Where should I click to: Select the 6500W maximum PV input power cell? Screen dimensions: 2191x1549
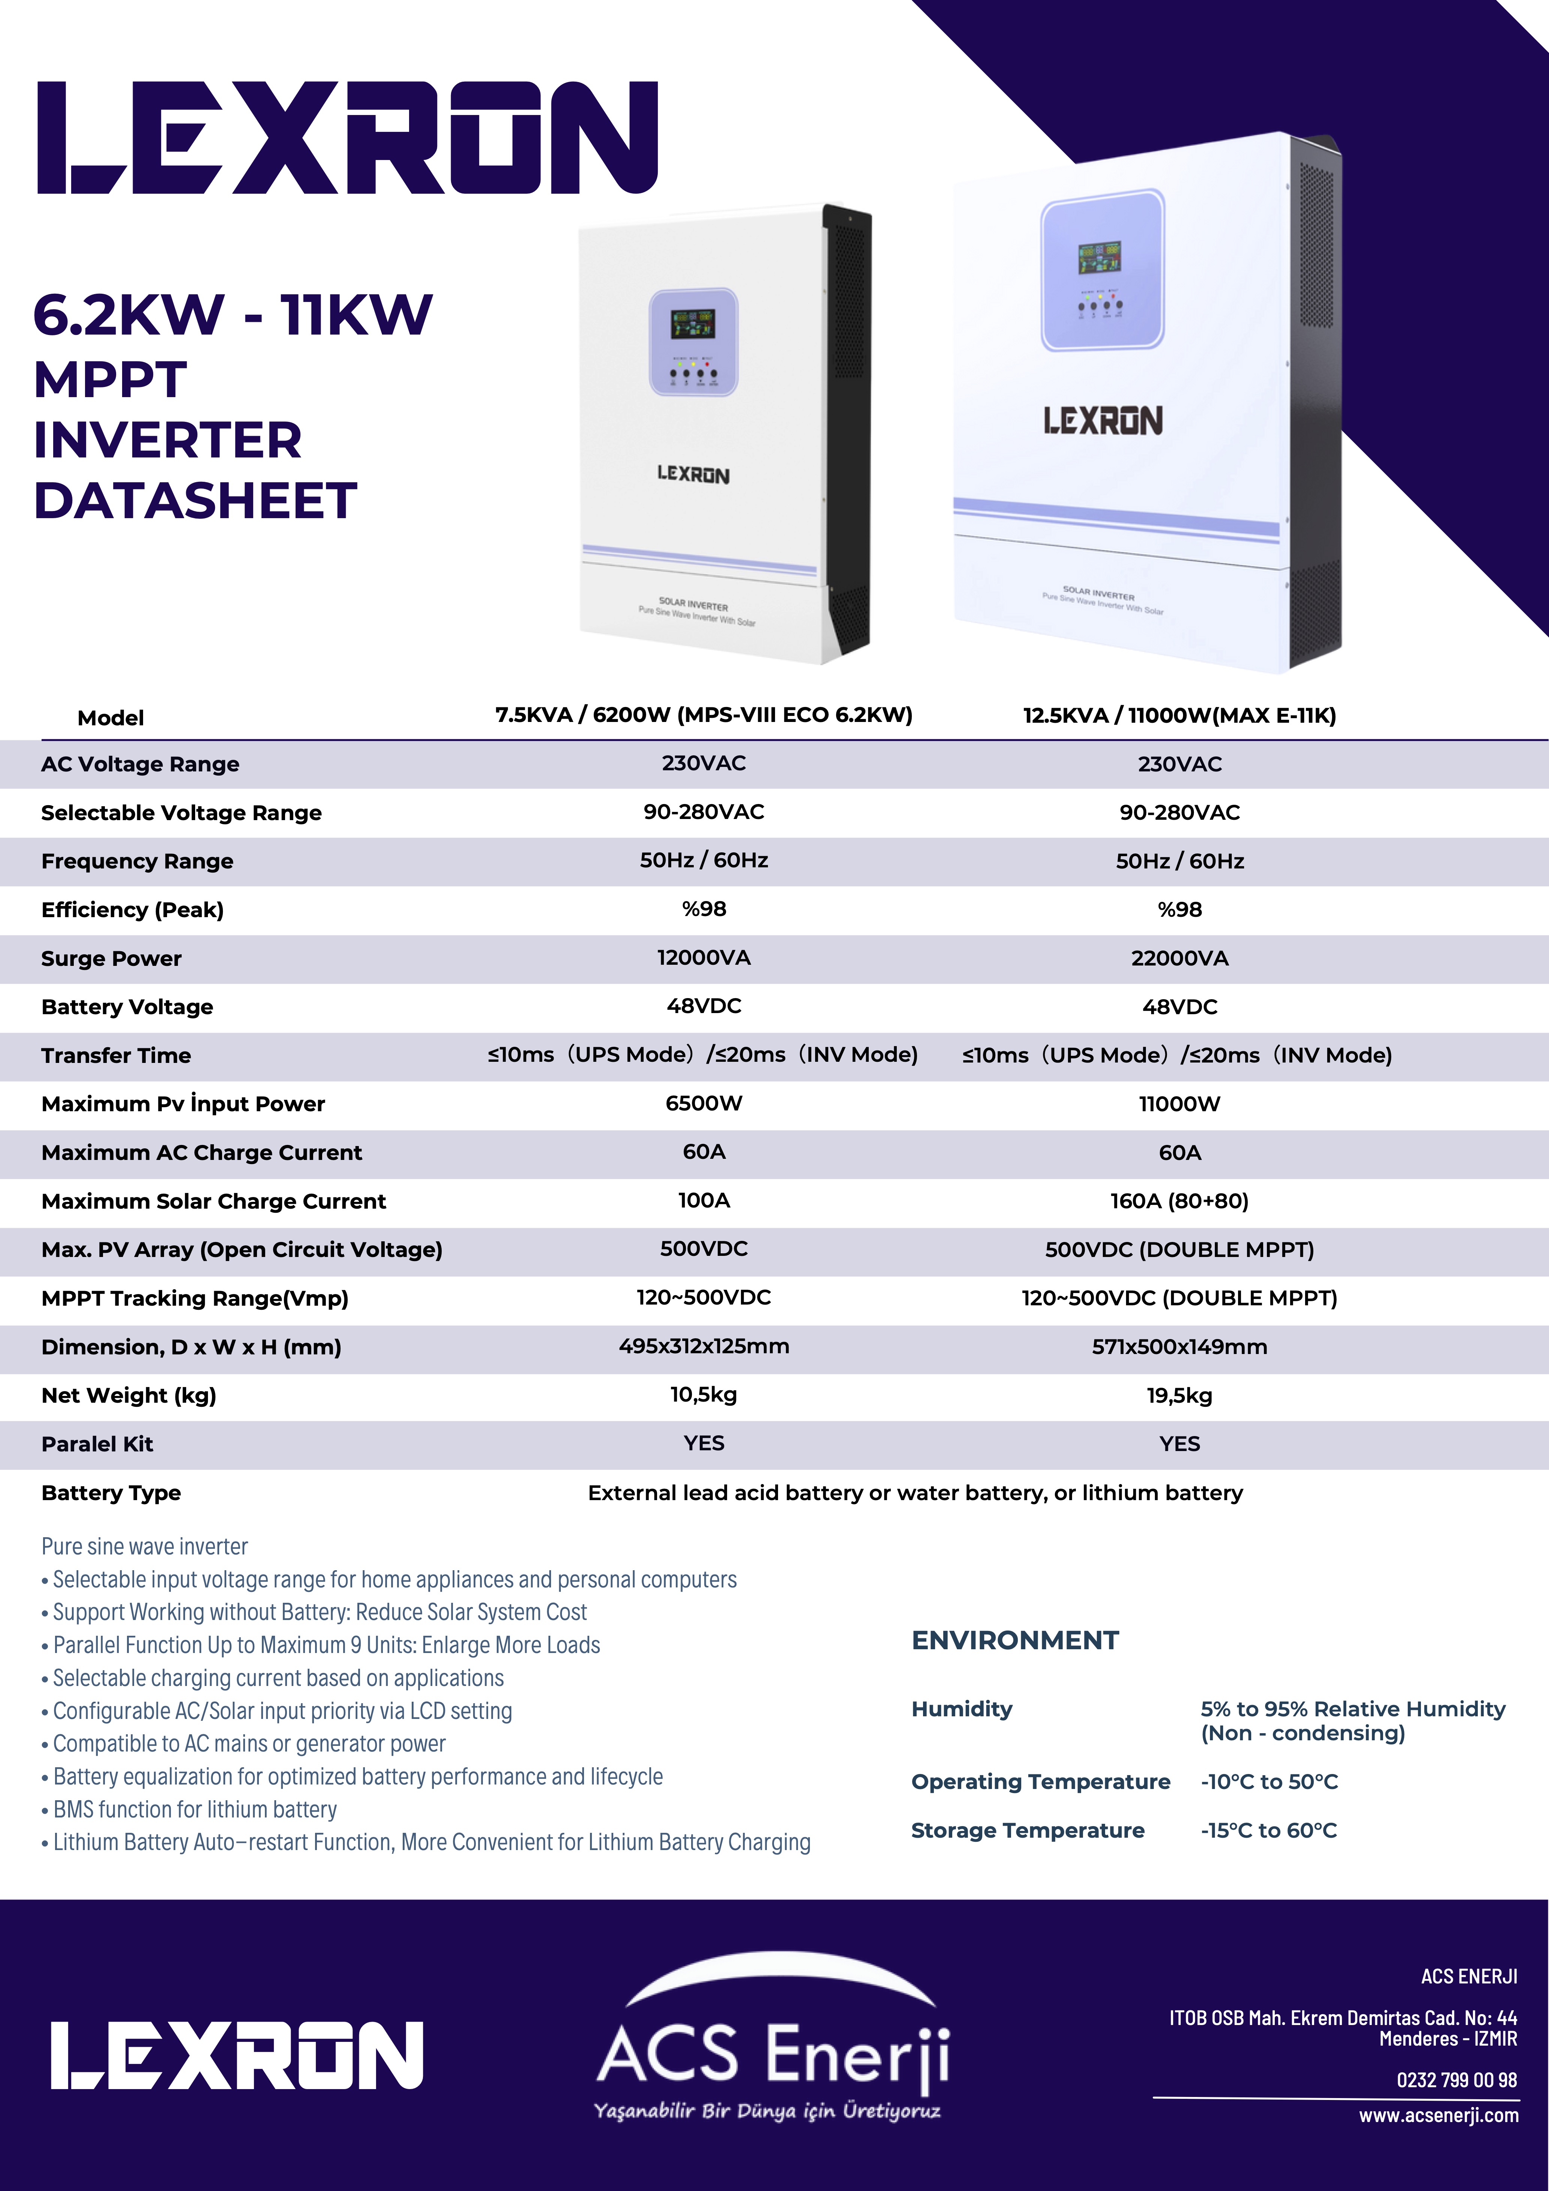[704, 1103]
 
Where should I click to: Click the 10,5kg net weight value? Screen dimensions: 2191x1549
[704, 1394]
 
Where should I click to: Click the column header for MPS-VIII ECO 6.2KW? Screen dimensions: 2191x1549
[704, 715]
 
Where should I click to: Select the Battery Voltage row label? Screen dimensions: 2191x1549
[127, 1007]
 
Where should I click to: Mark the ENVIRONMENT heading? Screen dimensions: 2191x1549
[1014, 1640]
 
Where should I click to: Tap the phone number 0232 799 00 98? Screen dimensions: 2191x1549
[1456, 2079]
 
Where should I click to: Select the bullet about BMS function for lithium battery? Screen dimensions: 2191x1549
[195, 1809]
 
